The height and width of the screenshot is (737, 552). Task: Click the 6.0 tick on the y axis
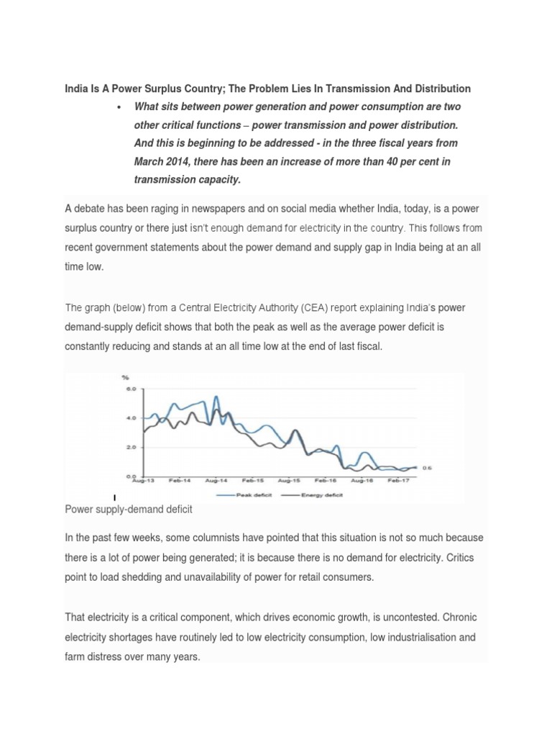(x=131, y=389)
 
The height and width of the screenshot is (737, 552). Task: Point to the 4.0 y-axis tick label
(x=131, y=417)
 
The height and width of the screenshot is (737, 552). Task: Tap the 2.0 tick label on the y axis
(x=131, y=447)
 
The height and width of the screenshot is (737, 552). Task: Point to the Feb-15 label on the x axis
(x=252, y=480)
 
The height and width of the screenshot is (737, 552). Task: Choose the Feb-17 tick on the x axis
(x=398, y=480)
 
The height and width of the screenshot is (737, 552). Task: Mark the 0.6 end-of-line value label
(x=427, y=468)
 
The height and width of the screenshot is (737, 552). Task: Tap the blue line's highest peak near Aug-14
(x=216, y=397)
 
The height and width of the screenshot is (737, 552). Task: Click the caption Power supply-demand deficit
(x=129, y=510)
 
